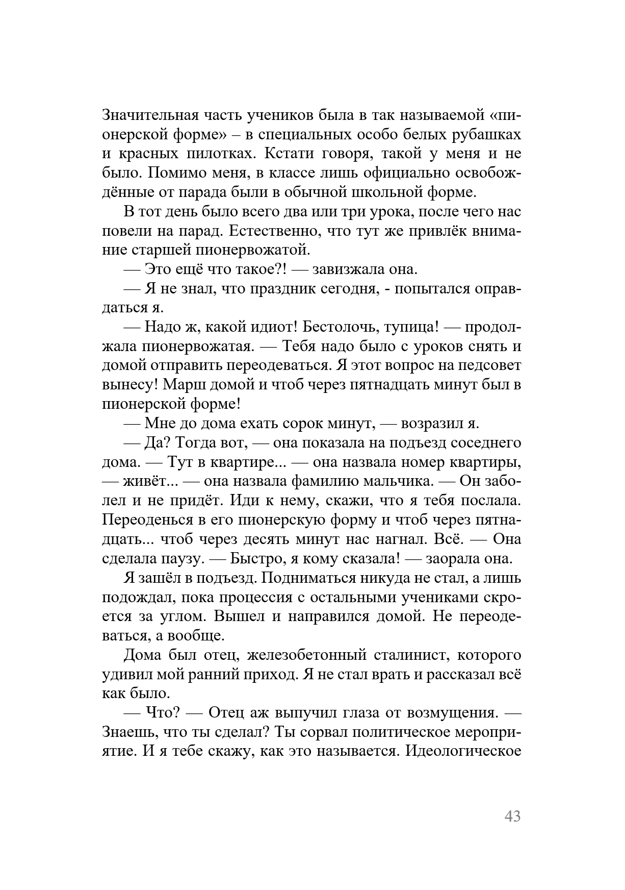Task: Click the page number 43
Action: click(x=512, y=816)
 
